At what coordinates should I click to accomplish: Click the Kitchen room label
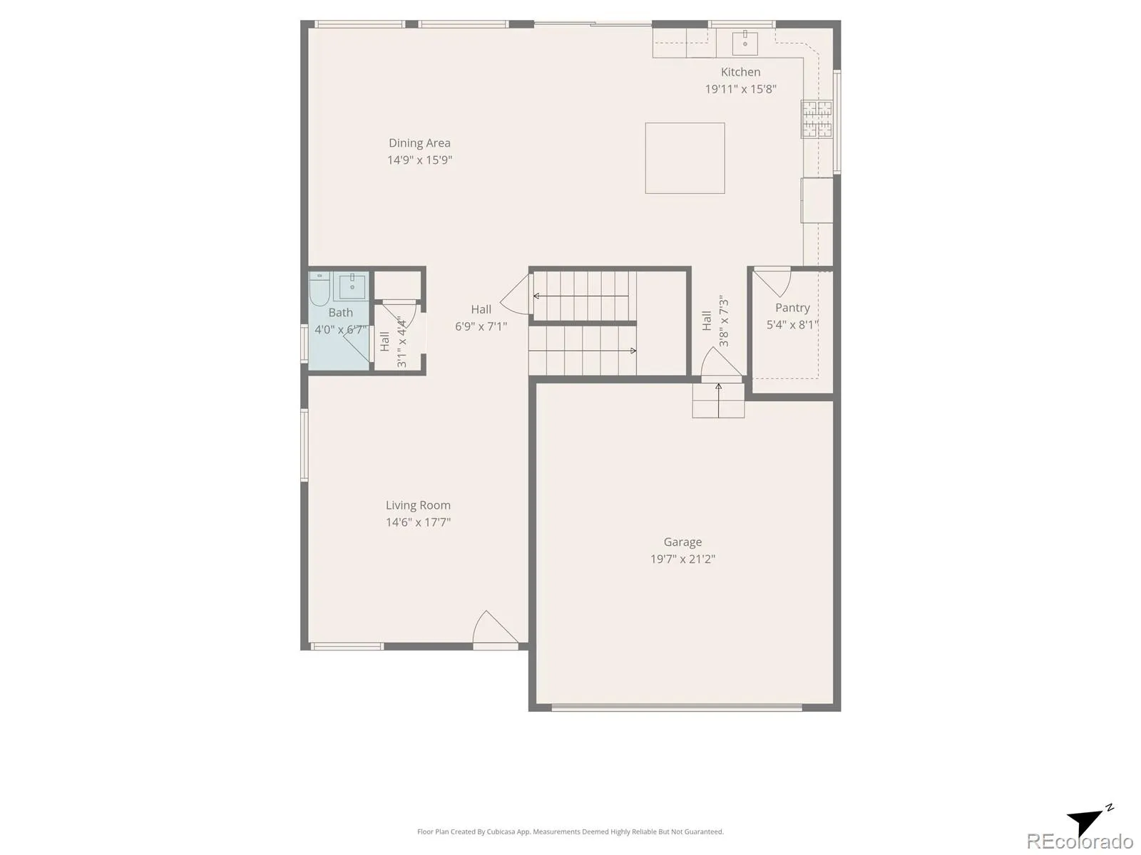(x=740, y=72)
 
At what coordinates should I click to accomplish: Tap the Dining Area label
(x=419, y=142)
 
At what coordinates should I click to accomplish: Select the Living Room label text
(x=418, y=505)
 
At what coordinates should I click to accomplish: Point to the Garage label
(x=682, y=542)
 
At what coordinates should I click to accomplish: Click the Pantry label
(x=792, y=308)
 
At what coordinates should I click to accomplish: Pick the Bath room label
(x=340, y=313)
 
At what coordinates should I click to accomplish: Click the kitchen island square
(x=685, y=157)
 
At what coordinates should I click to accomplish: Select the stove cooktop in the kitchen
(x=817, y=119)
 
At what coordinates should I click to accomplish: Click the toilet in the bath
(x=319, y=290)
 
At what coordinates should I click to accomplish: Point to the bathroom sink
(x=352, y=286)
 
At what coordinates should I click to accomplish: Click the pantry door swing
(x=772, y=282)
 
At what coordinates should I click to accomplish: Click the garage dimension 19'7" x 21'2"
(x=682, y=559)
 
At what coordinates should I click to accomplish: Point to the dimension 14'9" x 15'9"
(x=419, y=160)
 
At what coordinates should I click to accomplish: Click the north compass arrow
(x=1088, y=822)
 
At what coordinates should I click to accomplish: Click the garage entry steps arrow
(x=718, y=400)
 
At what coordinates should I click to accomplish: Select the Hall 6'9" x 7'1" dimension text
(x=481, y=326)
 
